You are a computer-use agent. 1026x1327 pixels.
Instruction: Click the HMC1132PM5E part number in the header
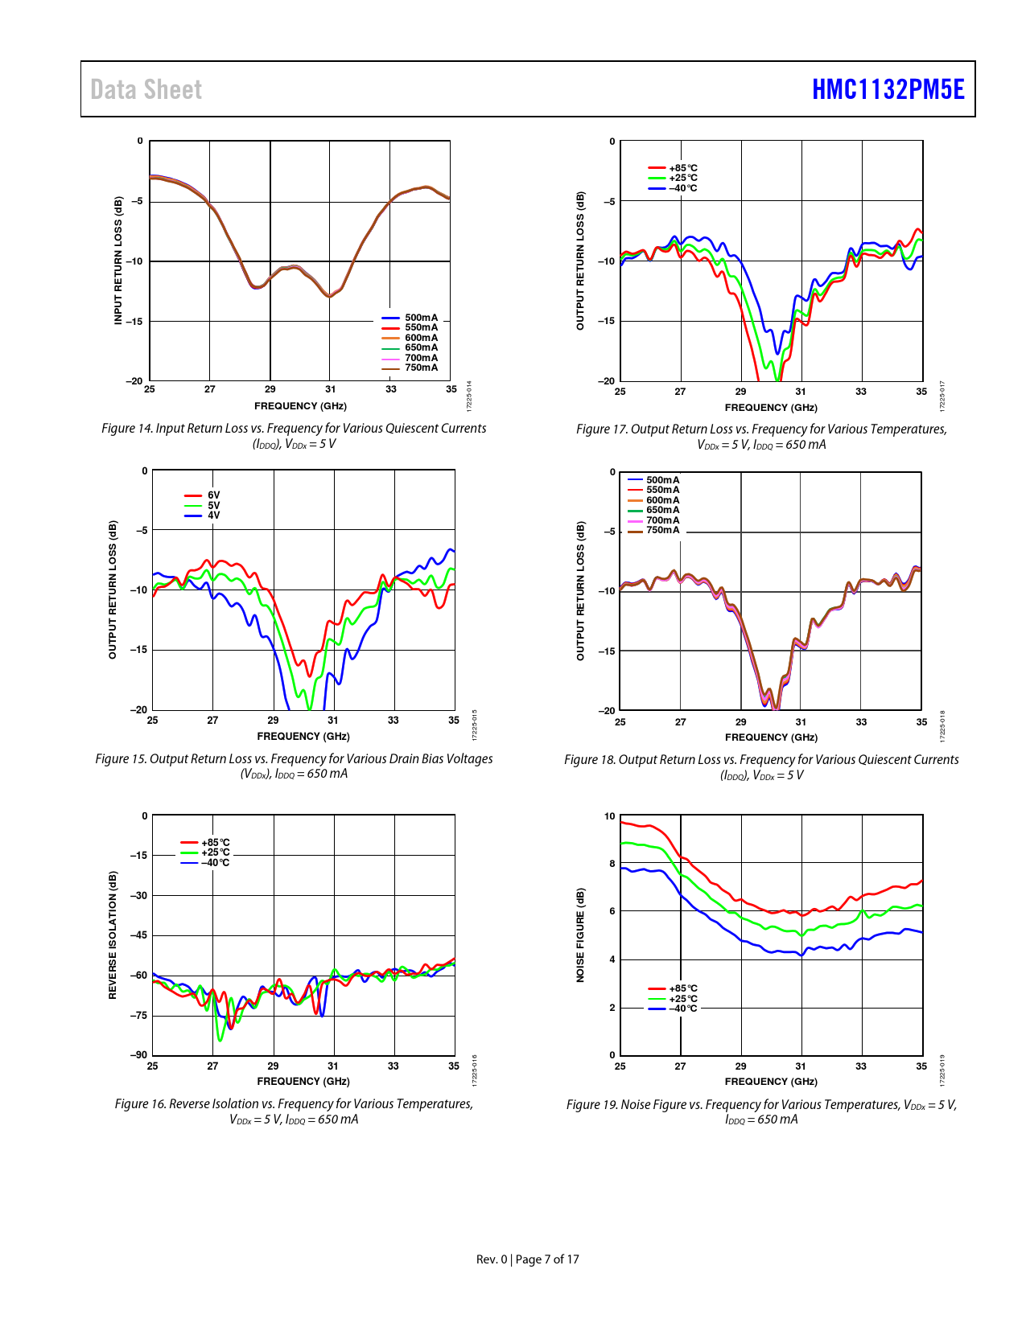point(888,89)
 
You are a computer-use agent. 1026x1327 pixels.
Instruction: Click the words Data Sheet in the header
point(146,89)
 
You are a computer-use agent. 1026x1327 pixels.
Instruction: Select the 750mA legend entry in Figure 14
point(421,368)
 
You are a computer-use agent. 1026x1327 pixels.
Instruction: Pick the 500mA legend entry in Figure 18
point(661,480)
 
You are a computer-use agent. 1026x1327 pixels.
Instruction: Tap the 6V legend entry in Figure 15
point(213,495)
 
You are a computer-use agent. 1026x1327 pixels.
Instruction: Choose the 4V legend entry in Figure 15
point(213,516)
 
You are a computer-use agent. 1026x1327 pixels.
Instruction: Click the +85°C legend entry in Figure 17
point(682,168)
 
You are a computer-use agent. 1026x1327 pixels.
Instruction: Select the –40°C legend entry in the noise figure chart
point(682,1009)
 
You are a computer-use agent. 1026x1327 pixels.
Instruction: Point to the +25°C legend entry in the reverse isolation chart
point(215,852)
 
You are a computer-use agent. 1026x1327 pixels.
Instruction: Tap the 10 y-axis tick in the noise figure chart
point(610,816)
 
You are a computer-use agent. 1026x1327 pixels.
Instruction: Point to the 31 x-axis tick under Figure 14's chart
point(331,389)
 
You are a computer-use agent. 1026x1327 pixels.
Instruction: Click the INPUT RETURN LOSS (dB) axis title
point(118,261)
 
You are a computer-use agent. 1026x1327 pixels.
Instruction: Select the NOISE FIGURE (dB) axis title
point(580,935)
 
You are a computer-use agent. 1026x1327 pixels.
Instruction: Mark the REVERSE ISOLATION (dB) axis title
point(113,935)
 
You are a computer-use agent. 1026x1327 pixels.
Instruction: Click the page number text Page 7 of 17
point(547,1259)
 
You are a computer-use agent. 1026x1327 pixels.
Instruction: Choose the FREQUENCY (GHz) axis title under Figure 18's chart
point(771,737)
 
